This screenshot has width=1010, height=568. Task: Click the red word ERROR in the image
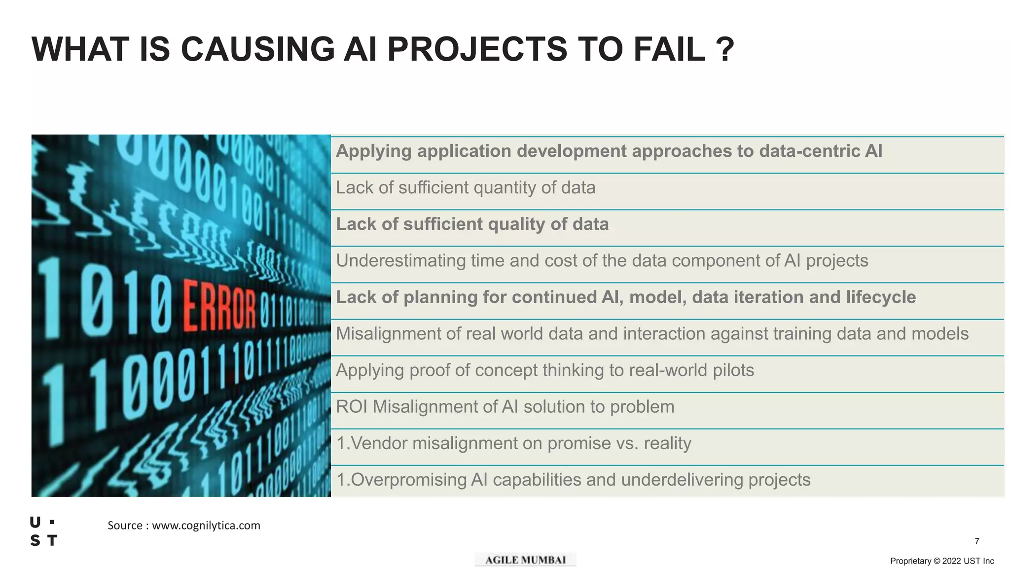click(219, 305)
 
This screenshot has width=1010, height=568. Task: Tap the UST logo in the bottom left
click(43, 532)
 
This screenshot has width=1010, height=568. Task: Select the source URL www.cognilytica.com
click(206, 526)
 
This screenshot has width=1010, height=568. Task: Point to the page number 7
click(976, 541)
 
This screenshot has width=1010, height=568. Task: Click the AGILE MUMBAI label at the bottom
click(525, 560)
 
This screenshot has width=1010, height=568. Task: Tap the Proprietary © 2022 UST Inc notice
click(941, 561)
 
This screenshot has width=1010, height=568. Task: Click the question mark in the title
click(724, 49)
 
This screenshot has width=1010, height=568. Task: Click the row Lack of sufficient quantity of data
click(466, 188)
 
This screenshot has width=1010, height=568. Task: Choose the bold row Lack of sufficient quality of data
click(472, 224)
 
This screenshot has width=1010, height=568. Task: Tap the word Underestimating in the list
click(400, 261)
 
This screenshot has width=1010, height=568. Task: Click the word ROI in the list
click(352, 407)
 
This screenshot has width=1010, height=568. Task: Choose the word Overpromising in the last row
click(408, 480)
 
